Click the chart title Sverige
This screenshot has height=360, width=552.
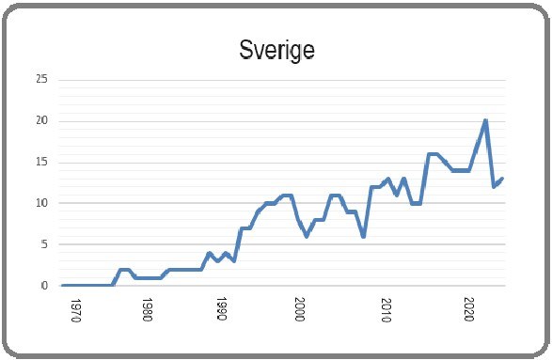tap(276, 49)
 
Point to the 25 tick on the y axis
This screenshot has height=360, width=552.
tap(41, 79)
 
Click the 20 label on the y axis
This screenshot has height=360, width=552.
tap(41, 120)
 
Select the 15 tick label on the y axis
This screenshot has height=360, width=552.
tap(41, 162)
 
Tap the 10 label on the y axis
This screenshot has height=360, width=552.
tap(41, 203)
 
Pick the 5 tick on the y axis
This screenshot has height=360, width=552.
tap(44, 244)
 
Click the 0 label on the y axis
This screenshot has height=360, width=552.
tap(44, 286)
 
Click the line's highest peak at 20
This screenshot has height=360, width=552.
tap(485, 120)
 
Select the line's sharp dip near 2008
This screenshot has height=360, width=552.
tap(363, 236)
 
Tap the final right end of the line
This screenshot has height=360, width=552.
tap(503, 179)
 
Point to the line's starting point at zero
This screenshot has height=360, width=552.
tap(63, 285)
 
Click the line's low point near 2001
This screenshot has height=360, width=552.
tap(307, 236)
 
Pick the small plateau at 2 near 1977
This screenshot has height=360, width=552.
tap(124, 269)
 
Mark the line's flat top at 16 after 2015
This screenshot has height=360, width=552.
tap(434, 154)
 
